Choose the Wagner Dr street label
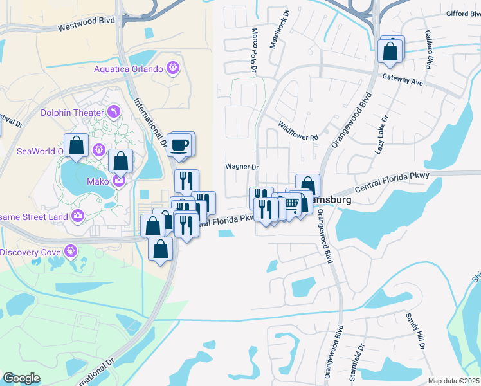pyautogui.click(x=241, y=167)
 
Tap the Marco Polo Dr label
pyautogui.click(x=255, y=50)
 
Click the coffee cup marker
pyautogui.click(x=180, y=144)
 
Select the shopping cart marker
pyautogui.click(x=292, y=205)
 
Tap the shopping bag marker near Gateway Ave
pyautogui.click(x=390, y=51)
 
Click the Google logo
pyautogui.click(x=21, y=378)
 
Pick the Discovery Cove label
pyautogui.click(x=30, y=252)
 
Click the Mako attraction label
pyautogui.click(x=100, y=181)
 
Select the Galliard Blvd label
pyautogui.click(x=428, y=49)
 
